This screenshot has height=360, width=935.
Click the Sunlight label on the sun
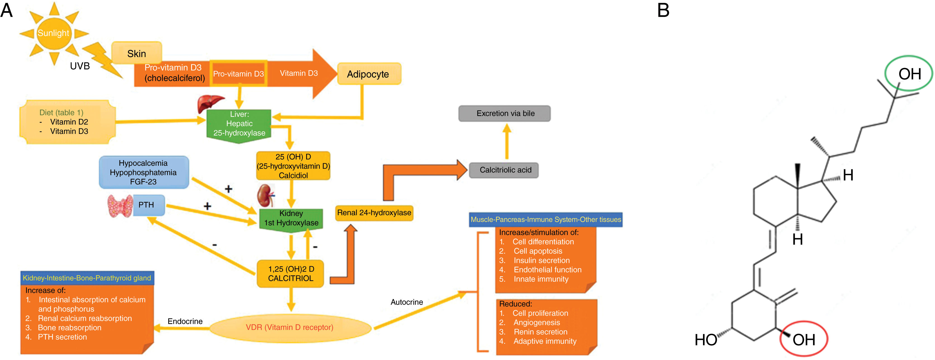pos(53,33)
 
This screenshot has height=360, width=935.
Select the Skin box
pos(137,53)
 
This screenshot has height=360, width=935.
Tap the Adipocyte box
pos(368,74)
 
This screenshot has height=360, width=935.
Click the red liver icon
pos(210,103)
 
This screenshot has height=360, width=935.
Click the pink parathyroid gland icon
pos(120,206)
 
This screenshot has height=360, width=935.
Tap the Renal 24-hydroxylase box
pos(374,213)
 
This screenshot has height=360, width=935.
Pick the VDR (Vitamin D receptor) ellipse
pos(290,327)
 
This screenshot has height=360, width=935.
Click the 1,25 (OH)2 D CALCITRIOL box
pos(290,273)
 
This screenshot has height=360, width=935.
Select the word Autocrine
pos(407,302)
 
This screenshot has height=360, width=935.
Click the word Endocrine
pos(185,321)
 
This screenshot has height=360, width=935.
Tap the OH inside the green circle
pos(909,74)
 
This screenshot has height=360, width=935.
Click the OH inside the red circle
pos(803,340)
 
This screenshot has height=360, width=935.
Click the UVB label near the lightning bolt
pos(80,66)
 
